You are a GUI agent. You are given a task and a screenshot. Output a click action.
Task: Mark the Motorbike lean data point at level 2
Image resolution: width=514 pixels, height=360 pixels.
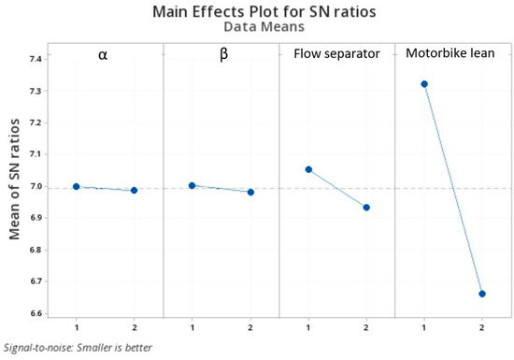[482, 294]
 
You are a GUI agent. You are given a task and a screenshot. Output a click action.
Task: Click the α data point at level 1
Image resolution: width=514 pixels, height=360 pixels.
[77, 187]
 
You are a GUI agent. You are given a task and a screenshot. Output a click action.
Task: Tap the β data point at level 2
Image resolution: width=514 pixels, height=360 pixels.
[250, 192]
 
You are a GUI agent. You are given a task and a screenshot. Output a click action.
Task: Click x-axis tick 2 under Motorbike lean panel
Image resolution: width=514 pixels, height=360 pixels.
[482, 328]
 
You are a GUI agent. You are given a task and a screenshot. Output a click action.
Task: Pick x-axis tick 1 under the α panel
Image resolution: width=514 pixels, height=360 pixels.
[77, 328]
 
